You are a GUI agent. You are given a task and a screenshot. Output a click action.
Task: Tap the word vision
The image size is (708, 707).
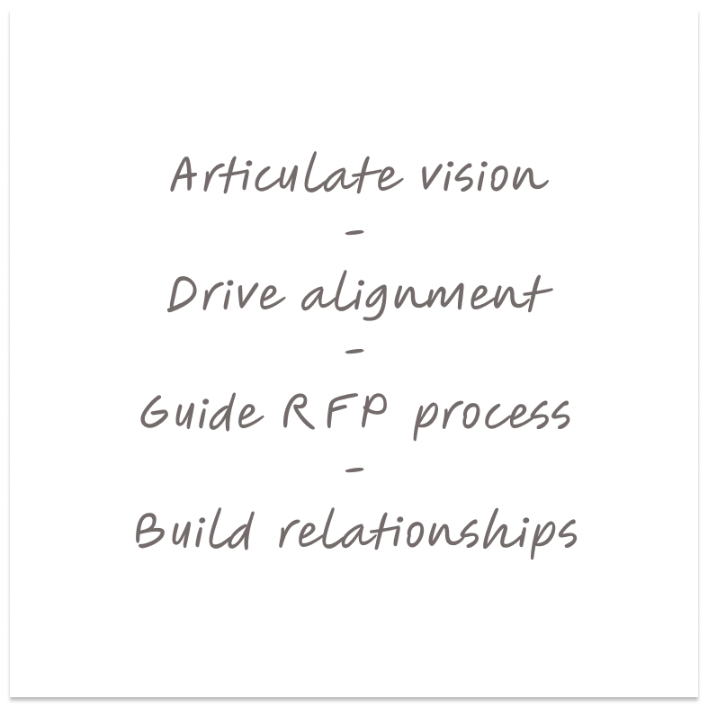482,176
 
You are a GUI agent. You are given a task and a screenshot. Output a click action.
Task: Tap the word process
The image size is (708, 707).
491,417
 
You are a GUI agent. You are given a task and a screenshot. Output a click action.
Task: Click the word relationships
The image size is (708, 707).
427,532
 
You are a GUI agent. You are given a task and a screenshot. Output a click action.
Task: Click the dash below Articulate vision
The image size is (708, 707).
354,233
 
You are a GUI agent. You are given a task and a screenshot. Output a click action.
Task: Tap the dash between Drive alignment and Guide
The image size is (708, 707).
354,351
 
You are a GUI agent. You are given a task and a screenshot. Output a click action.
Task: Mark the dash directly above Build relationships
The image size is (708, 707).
354,470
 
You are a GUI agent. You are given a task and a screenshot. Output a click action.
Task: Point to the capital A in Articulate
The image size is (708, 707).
185,175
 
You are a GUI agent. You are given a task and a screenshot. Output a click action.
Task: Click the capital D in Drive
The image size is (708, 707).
183,294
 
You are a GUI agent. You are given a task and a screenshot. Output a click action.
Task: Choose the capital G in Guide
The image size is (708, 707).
157,413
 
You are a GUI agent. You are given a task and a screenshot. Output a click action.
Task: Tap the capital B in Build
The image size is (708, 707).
149,530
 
